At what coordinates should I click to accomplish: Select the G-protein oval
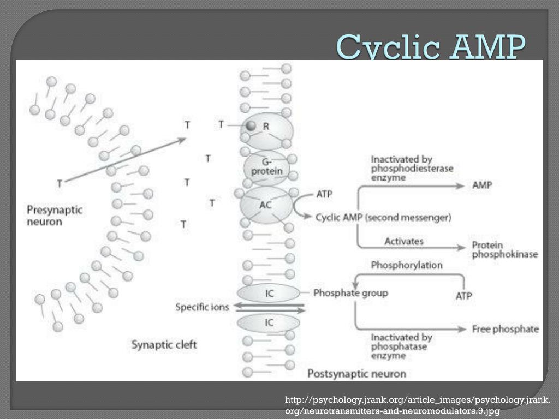(267, 167)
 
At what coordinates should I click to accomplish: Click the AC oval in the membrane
(266, 205)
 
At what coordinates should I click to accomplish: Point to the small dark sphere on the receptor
(251, 125)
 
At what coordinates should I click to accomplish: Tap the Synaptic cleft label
(164, 344)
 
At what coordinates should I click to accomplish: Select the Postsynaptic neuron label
(356, 374)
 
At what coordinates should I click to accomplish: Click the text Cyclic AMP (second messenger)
(383, 217)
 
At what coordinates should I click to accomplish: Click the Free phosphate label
(506, 329)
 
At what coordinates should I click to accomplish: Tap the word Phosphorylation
(407, 265)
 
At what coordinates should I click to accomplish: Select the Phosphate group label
(350, 293)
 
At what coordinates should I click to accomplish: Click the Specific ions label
(202, 307)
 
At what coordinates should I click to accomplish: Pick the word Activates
(403, 241)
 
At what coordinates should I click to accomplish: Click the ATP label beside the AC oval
(324, 194)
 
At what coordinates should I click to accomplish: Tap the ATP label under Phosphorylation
(463, 296)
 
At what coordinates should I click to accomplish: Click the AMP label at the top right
(482, 185)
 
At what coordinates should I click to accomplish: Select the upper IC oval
(269, 293)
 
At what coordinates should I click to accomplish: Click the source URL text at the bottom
(418, 406)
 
